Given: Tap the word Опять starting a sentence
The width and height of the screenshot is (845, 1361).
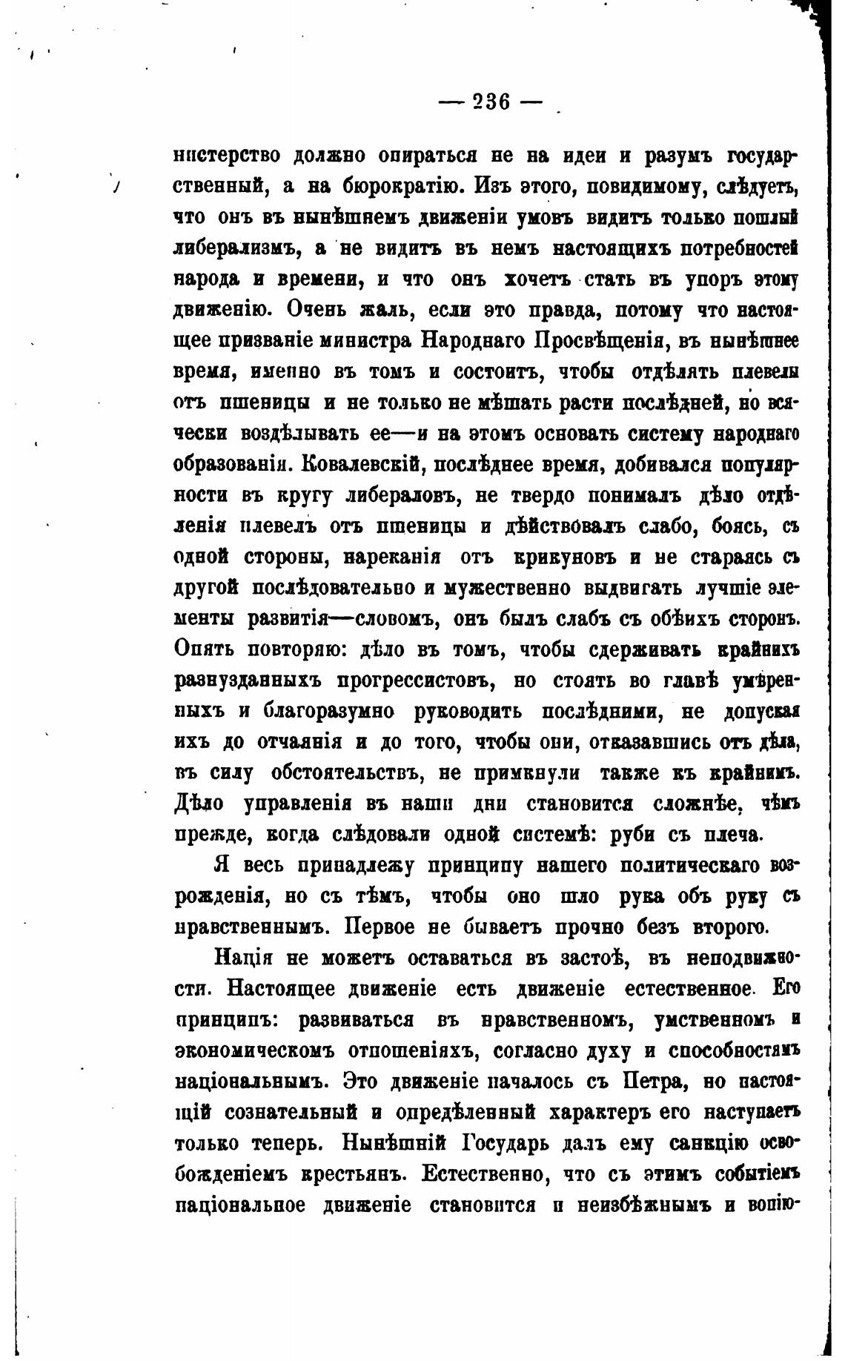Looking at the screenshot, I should (213, 650).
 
